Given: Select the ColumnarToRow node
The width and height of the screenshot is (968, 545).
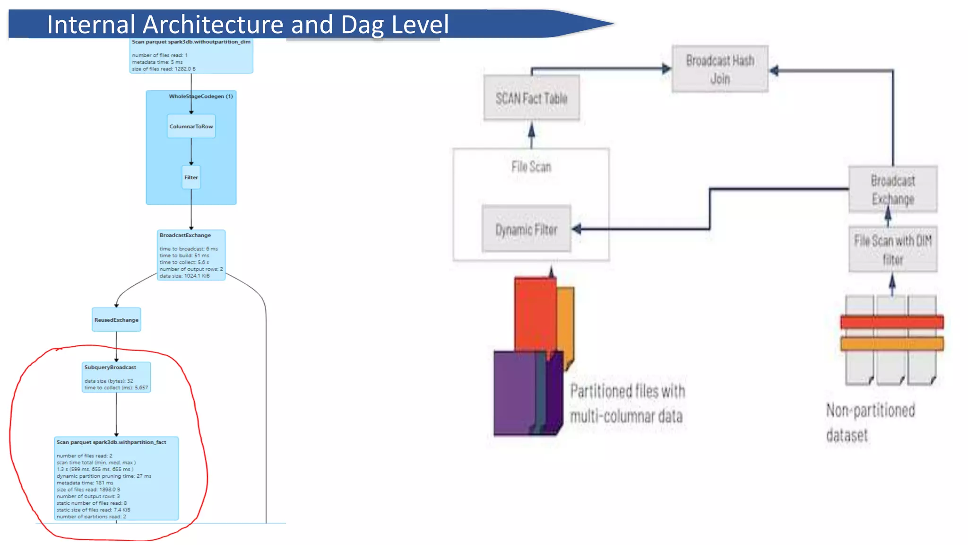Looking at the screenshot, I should (x=191, y=126).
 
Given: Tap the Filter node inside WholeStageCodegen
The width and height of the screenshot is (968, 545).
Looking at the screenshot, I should (x=191, y=177).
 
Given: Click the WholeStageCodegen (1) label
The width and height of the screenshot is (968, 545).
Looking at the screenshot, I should (x=201, y=96).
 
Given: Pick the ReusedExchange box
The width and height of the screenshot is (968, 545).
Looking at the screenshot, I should (x=116, y=320).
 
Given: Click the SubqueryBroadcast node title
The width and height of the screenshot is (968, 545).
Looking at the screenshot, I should (x=110, y=367).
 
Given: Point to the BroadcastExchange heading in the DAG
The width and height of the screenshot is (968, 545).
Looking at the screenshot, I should (x=185, y=235).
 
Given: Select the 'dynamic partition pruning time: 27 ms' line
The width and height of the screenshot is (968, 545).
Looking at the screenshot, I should (x=104, y=476).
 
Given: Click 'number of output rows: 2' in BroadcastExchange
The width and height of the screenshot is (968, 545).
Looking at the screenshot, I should (x=191, y=269).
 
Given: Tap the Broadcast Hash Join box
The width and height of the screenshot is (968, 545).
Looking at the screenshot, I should (x=720, y=69).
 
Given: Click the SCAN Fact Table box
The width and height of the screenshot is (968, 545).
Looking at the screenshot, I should (x=531, y=98).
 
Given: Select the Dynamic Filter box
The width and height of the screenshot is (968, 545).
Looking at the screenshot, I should (x=526, y=229).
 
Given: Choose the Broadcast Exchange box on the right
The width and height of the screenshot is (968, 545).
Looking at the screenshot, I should (x=892, y=189).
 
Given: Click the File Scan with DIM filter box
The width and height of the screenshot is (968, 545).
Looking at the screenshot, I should (x=892, y=250).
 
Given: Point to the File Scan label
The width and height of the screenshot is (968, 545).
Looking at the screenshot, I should (x=531, y=167).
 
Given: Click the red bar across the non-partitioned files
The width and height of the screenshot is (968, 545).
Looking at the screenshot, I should (x=891, y=323).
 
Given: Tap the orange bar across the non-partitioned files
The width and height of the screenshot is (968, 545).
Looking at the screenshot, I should (x=891, y=343).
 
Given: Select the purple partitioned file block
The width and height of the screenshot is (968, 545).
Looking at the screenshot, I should (x=515, y=393).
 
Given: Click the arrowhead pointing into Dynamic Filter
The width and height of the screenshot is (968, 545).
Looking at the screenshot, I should (x=577, y=229).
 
